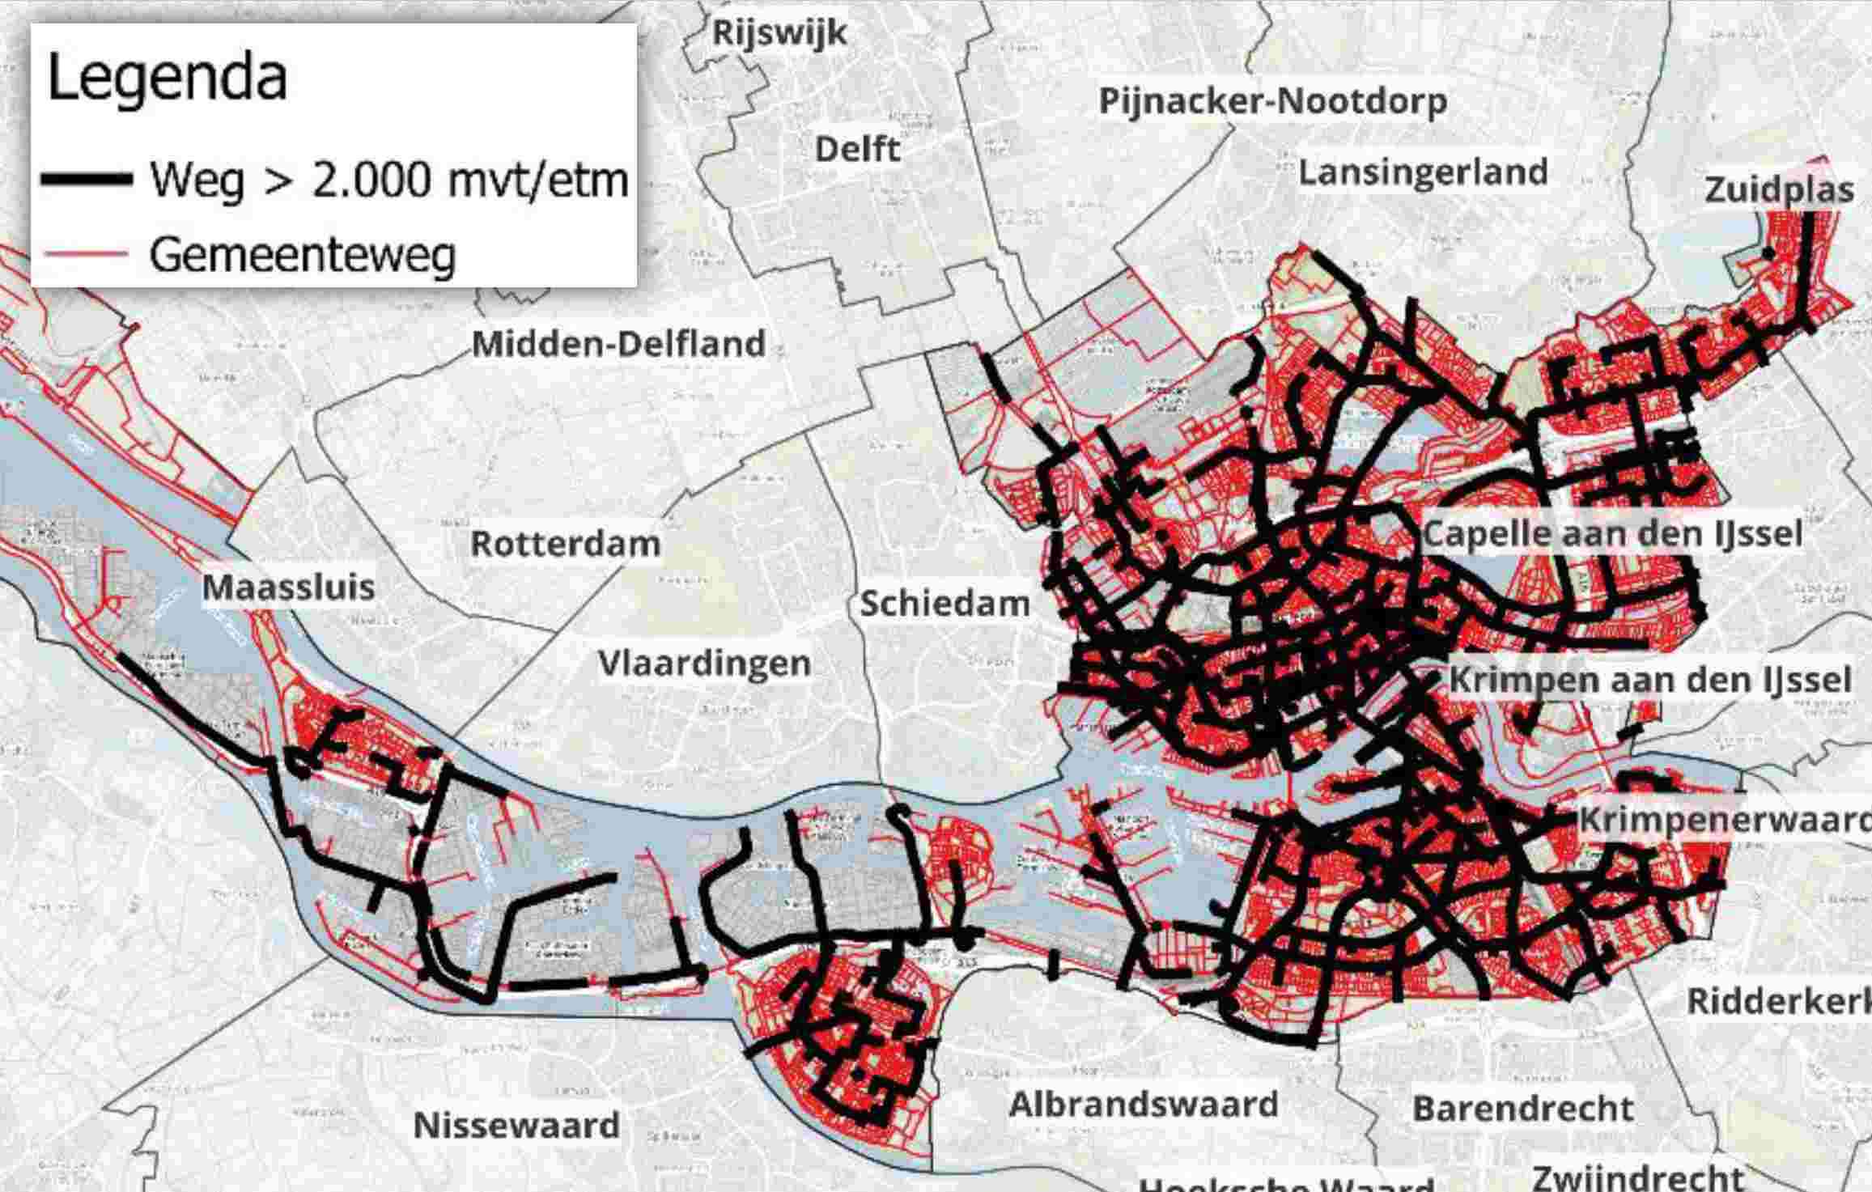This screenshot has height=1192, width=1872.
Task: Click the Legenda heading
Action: pos(168,78)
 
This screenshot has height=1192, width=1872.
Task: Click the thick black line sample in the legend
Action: pos(87,180)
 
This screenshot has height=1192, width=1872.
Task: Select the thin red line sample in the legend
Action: pos(87,254)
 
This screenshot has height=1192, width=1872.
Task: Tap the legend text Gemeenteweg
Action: pos(303,255)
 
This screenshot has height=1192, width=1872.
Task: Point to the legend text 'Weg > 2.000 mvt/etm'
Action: pos(388,180)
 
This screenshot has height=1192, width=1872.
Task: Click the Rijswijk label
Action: pos(779,33)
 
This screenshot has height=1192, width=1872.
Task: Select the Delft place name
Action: pos(857,149)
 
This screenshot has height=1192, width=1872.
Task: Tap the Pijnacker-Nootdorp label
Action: pos(1272,101)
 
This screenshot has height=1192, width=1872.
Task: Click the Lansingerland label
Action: pos(1423,172)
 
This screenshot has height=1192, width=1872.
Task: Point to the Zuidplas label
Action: pos(1778,190)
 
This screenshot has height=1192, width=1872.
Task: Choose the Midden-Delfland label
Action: pos(618,344)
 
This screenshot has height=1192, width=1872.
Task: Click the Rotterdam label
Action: pos(565,544)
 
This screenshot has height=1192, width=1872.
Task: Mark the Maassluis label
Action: pos(288,587)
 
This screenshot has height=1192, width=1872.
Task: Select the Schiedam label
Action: pos(944,604)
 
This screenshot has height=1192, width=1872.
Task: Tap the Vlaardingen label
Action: pos(704,664)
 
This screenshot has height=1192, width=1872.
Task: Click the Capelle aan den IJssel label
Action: pos(1612,534)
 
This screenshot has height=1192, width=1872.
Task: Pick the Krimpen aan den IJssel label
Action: pos(1649,680)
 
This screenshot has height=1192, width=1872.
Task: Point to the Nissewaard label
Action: pos(516,1125)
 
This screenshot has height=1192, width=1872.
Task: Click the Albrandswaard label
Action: pos(1143,1105)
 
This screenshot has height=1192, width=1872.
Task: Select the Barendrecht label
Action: pos(1522,1109)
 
